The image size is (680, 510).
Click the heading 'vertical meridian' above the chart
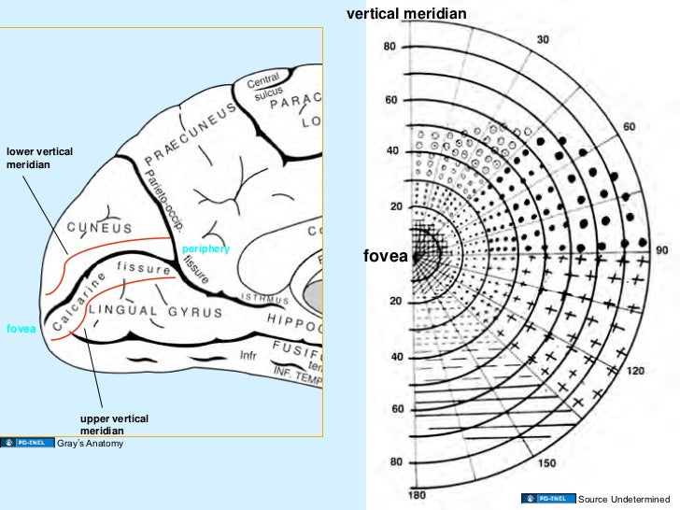(x=405, y=13)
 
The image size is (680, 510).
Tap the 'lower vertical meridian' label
(x=39, y=158)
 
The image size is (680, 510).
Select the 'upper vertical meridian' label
(x=114, y=425)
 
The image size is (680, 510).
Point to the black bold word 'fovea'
(x=384, y=256)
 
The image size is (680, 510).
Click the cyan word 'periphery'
(x=205, y=248)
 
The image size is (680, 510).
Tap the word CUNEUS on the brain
(x=98, y=227)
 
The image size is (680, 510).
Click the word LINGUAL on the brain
(x=121, y=308)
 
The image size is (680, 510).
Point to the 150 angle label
(x=547, y=463)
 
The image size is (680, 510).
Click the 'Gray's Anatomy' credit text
(x=91, y=443)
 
